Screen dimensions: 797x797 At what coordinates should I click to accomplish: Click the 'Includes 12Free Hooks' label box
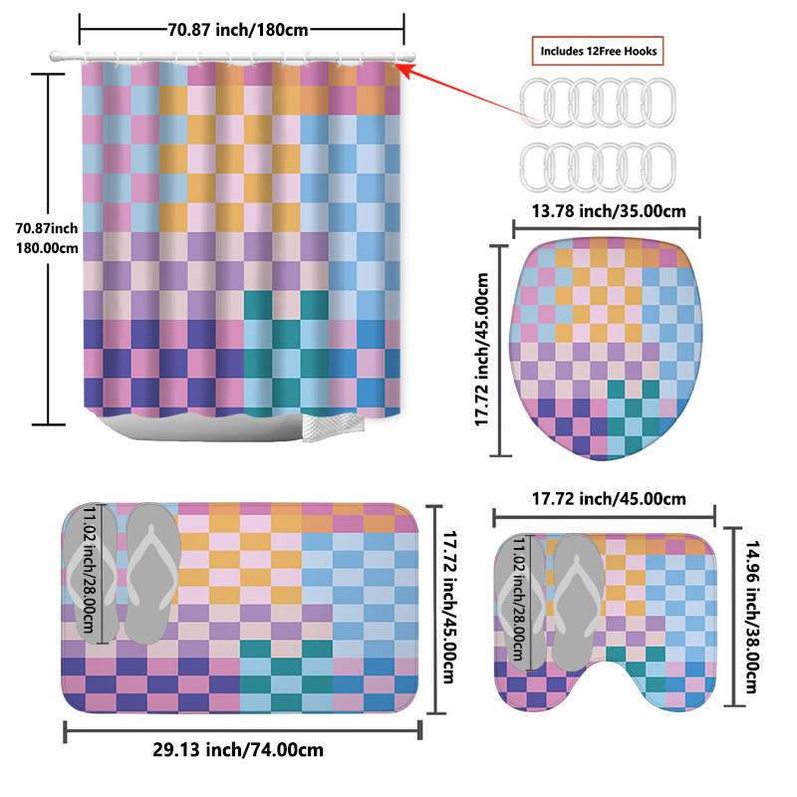coord(599,50)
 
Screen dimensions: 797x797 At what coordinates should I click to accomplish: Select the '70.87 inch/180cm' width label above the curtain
coord(241,29)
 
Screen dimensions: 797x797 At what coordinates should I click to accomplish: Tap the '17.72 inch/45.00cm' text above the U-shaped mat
coord(608,498)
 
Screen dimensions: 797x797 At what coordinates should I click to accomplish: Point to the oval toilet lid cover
coord(607,349)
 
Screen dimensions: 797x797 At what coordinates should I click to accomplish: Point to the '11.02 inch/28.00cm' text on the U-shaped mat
coord(518,601)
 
